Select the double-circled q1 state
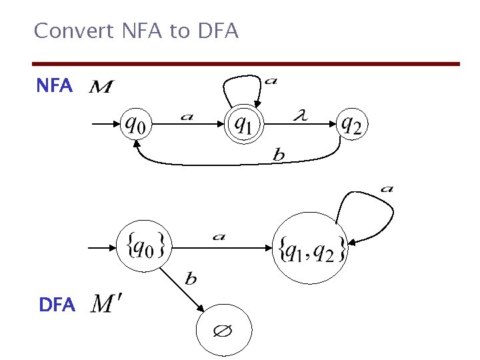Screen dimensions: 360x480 (244, 123)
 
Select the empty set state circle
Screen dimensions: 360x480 (224, 331)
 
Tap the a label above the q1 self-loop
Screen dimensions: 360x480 (271, 81)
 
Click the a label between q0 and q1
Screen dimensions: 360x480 (187, 117)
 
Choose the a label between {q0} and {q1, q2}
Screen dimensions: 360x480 (218, 236)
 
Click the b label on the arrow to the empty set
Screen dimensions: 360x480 (191, 279)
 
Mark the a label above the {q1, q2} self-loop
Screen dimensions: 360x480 (387, 189)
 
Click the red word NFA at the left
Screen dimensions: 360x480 (54, 86)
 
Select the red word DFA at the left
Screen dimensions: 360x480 (57, 305)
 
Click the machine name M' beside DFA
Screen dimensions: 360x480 (105, 305)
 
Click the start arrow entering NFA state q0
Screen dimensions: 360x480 (103, 123)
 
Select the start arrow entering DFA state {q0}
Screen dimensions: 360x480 (102, 247)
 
